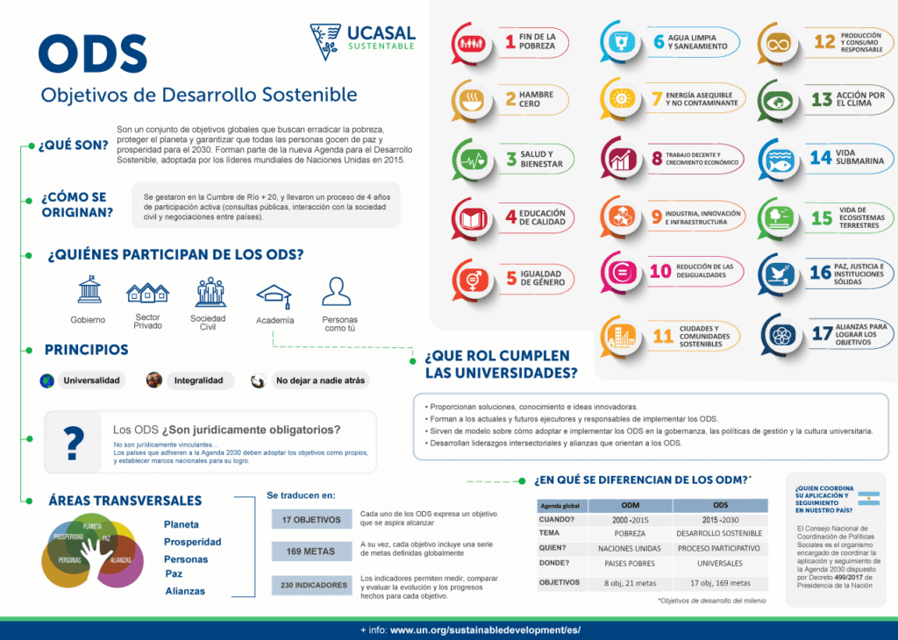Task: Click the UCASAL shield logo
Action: pyautogui.click(x=325, y=41)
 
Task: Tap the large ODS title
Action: pyautogui.click(x=92, y=54)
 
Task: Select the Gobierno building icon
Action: pyautogui.click(x=89, y=289)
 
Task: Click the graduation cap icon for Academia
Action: pyautogui.click(x=274, y=295)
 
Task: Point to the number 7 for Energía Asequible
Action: pyautogui.click(x=656, y=99)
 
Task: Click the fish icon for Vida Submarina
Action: pyautogui.click(x=778, y=160)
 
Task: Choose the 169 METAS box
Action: pyautogui.click(x=311, y=551)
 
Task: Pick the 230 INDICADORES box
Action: pyautogui.click(x=311, y=585)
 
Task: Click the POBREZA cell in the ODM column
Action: pyautogui.click(x=630, y=533)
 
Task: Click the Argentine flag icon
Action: pyautogui.click(x=871, y=497)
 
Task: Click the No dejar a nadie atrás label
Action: pyautogui.click(x=320, y=380)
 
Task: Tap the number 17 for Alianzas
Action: pyautogui.click(x=822, y=334)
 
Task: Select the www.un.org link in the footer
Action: pyautogui.click(x=485, y=630)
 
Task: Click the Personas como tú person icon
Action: pyautogui.click(x=336, y=292)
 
